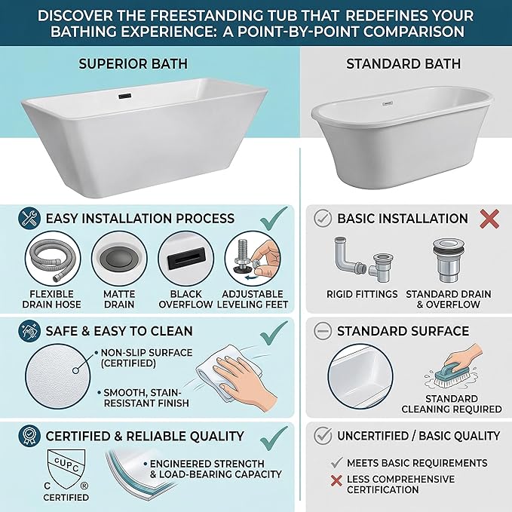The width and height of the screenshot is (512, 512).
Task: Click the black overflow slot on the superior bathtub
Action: (x=124, y=96)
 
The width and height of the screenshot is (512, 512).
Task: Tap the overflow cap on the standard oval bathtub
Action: (x=388, y=103)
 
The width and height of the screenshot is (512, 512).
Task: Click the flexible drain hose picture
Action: (x=53, y=259)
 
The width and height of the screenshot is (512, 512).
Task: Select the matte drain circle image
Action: (x=119, y=259)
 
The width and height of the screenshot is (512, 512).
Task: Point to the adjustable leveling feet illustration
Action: (x=253, y=259)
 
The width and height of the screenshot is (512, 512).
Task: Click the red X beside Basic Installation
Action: (x=489, y=219)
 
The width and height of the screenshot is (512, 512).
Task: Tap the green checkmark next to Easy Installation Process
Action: (x=274, y=218)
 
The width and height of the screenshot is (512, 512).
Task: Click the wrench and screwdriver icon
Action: (x=29, y=218)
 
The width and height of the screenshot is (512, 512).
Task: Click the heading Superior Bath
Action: (x=133, y=63)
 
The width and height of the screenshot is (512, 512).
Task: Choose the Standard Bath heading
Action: (x=403, y=63)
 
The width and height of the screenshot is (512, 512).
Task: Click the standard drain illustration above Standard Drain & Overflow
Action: (x=449, y=261)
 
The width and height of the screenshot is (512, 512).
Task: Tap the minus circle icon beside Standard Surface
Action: (x=323, y=331)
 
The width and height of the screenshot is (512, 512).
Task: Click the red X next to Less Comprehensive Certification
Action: (x=336, y=480)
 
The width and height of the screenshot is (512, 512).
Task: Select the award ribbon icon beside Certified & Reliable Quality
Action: (x=29, y=436)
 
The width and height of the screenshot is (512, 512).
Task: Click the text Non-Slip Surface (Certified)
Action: (x=146, y=358)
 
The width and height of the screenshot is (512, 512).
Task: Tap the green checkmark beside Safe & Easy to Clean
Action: (x=274, y=333)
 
